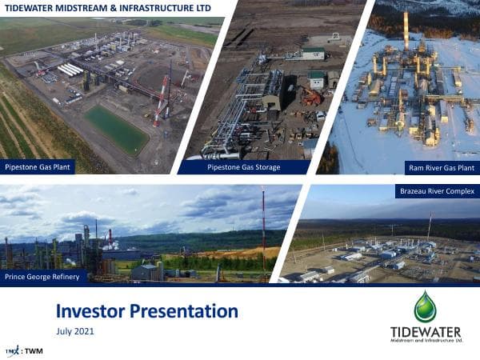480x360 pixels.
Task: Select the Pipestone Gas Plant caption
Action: [38, 167]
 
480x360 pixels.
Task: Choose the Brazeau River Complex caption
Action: [436, 191]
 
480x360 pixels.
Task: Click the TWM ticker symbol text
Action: [34, 350]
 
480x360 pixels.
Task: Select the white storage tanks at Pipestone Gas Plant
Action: [70, 70]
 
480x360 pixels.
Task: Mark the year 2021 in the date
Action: [85, 331]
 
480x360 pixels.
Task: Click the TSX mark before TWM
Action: [12, 350]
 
